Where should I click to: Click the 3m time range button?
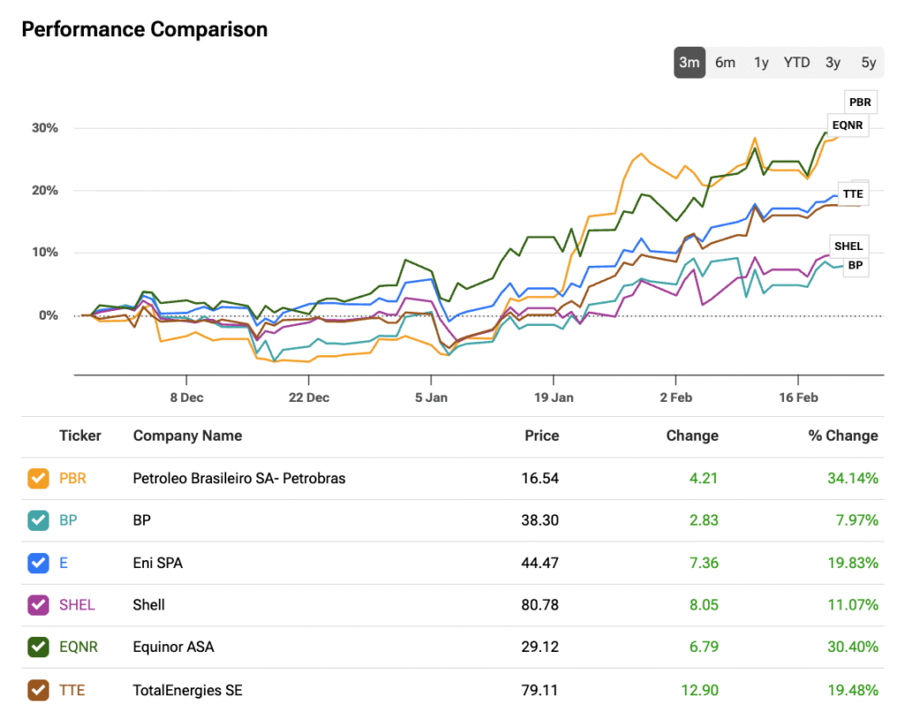(x=689, y=62)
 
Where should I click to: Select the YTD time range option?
(x=796, y=62)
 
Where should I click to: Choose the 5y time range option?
(x=869, y=62)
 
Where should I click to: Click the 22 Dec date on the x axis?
(x=309, y=398)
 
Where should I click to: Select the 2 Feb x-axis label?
(x=676, y=398)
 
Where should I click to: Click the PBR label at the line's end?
(x=860, y=102)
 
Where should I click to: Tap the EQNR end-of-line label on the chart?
(x=847, y=125)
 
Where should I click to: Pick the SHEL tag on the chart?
(x=848, y=246)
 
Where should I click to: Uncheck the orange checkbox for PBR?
(x=38, y=479)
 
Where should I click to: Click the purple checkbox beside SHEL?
(x=38, y=605)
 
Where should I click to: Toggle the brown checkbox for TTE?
(x=38, y=690)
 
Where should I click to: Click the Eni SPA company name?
(x=157, y=563)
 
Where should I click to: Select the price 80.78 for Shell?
(x=540, y=605)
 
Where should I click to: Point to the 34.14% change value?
(x=853, y=479)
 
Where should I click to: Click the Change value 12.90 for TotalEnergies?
(x=699, y=690)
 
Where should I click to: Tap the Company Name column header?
(x=187, y=436)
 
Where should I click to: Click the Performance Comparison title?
(x=144, y=29)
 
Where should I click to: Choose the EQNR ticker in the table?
(x=79, y=648)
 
